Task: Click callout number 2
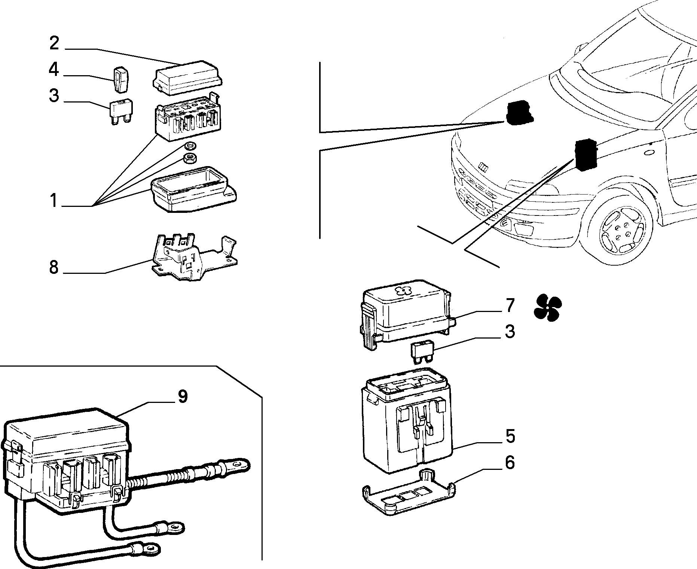coord(54,43)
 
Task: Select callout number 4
coord(54,70)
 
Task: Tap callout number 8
coord(54,267)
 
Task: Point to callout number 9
coord(182,397)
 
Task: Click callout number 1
coord(54,201)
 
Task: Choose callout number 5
coord(510,436)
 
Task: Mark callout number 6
coord(510,463)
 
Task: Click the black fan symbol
coord(548,307)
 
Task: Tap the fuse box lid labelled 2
coord(188,78)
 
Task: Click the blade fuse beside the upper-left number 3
coord(121,111)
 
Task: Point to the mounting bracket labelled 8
coord(194,257)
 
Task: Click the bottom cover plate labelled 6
coord(408,492)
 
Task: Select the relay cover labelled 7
coord(407,313)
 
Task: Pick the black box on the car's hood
coord(519,113)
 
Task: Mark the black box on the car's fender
coord(586,155)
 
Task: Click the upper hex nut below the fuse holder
coord(191,146)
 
